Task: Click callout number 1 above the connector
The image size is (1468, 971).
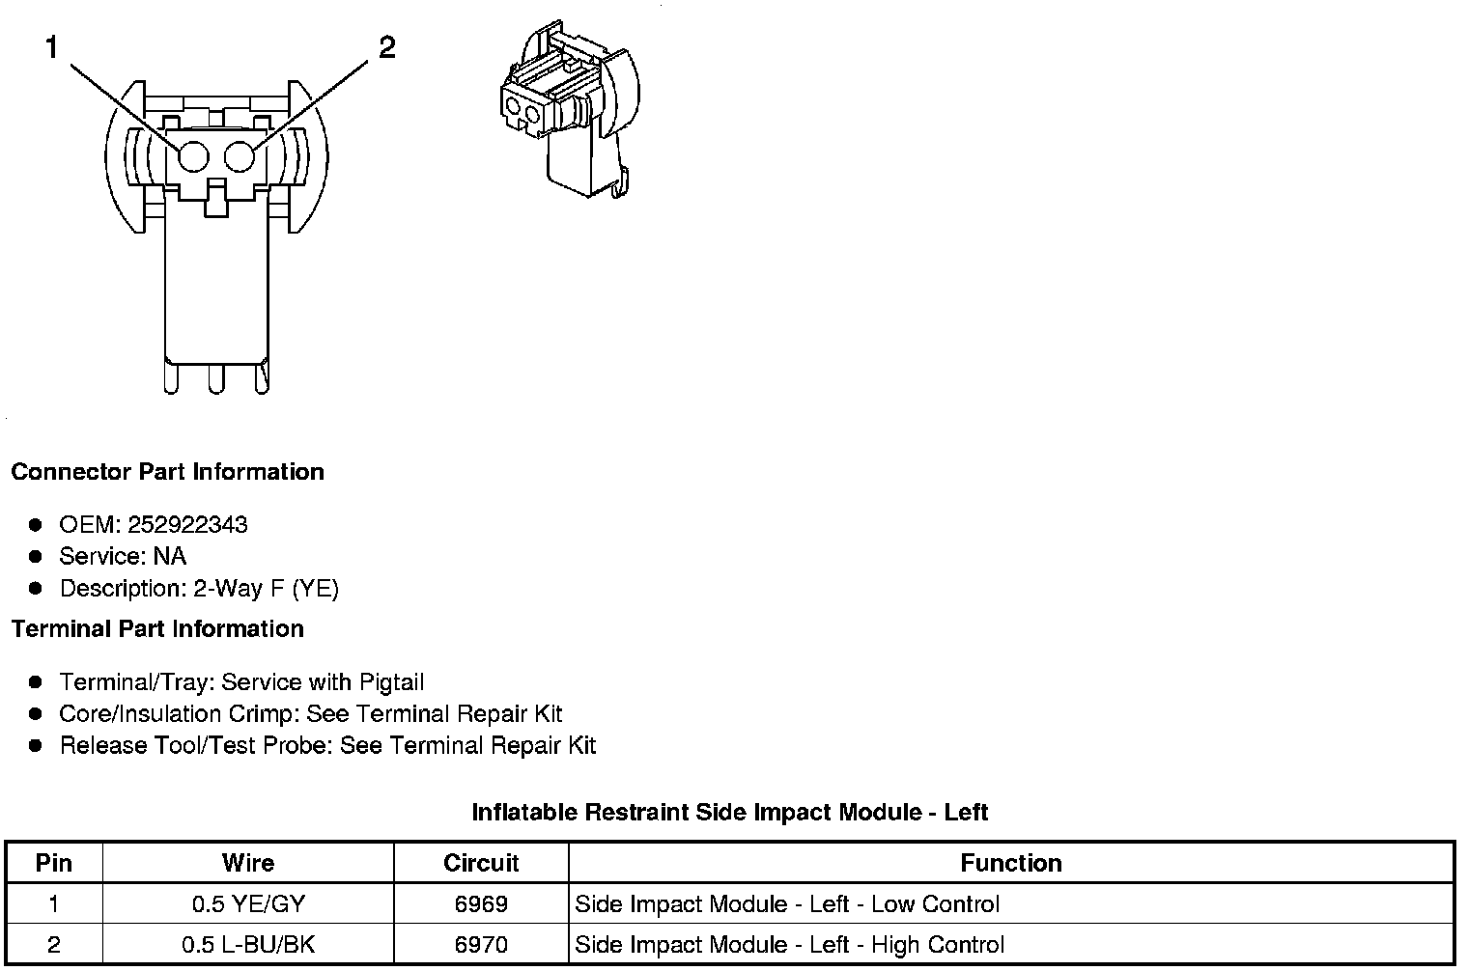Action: tap(52, 47)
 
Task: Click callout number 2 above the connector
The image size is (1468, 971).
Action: tap(386, 47)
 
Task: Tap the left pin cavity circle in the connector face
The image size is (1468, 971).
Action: tap(193, 156)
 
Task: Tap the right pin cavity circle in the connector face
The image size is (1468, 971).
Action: tap(240, 156)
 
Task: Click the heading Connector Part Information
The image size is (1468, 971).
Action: tap(167, 472)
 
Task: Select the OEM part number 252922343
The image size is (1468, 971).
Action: tap(187, 525)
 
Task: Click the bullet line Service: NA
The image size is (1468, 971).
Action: tap(122, 557)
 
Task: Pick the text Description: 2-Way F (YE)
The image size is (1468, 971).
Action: tap(199, 589)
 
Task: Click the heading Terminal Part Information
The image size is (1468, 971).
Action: tap(157, 629)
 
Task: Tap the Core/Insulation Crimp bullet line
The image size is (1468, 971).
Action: tap(310, 714)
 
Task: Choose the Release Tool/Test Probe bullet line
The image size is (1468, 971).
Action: tap(327, 746)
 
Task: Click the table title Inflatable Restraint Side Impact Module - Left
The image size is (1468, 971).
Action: tap(729, 813)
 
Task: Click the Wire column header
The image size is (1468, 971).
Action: tap(248, 863)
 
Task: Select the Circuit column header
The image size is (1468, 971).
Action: tap(481, 863)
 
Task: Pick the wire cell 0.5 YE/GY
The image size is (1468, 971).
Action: tap(248, 904)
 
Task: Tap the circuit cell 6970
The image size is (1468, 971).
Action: tap(481, 945)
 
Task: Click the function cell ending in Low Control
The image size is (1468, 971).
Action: tap(787, 904)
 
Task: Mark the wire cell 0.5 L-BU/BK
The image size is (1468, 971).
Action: tap(248, 945)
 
